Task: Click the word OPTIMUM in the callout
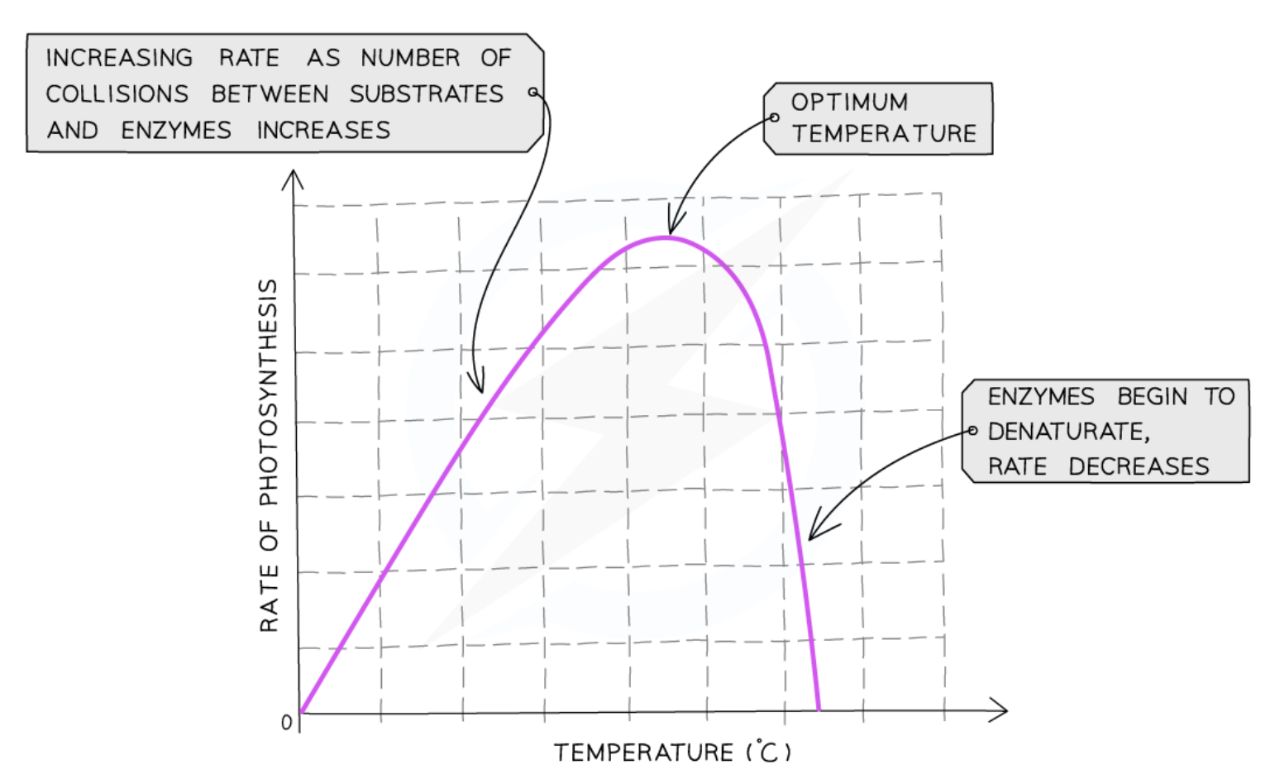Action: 849,102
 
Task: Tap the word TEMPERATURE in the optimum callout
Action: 884,133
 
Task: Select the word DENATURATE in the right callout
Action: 1067,432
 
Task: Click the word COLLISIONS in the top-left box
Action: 117,94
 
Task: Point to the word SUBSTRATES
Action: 426,94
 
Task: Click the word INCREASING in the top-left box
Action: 119,58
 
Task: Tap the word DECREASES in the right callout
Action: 1139,467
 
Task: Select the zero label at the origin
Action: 286,723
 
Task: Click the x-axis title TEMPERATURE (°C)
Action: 671,752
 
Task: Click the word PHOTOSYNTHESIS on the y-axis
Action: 269,392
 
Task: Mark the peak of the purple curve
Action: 666,237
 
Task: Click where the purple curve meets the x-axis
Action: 819,709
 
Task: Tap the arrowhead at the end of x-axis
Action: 1002,709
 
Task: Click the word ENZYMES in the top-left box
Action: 176,131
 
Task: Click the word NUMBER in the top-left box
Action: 410,58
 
